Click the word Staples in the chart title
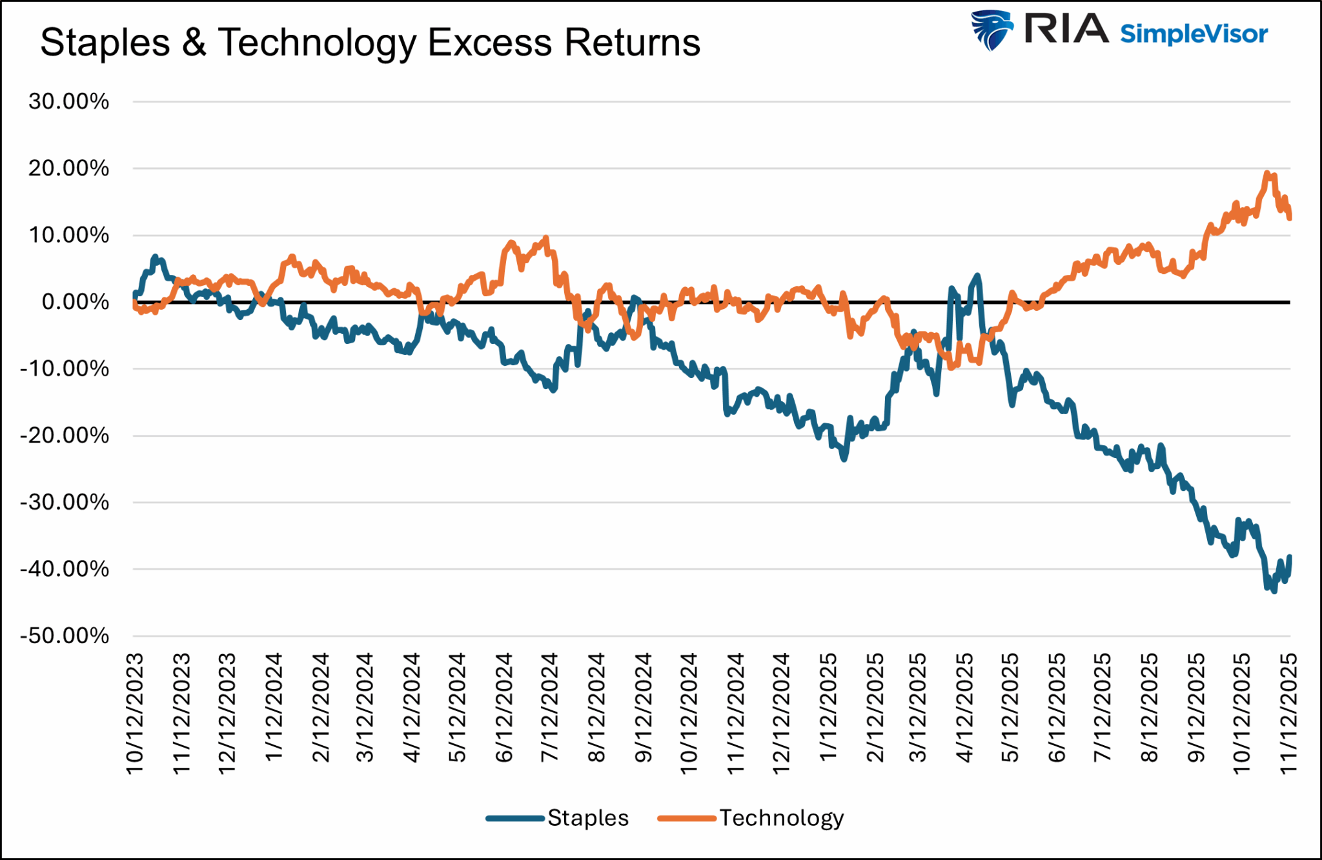(105, 43)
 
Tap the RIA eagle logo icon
(992, 30)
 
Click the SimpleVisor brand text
(1194, 34)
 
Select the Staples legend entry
(587, 818)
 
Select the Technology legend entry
(781, 818)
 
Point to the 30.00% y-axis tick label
(68, 101)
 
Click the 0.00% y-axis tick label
(75, 302)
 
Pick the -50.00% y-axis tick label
(65, 636)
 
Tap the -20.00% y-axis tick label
(65, 435)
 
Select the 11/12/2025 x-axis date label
(1288, 713)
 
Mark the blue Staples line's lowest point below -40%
(1274, 591)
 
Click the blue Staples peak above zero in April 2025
(977, 276)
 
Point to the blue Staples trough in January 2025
(844, 459)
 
